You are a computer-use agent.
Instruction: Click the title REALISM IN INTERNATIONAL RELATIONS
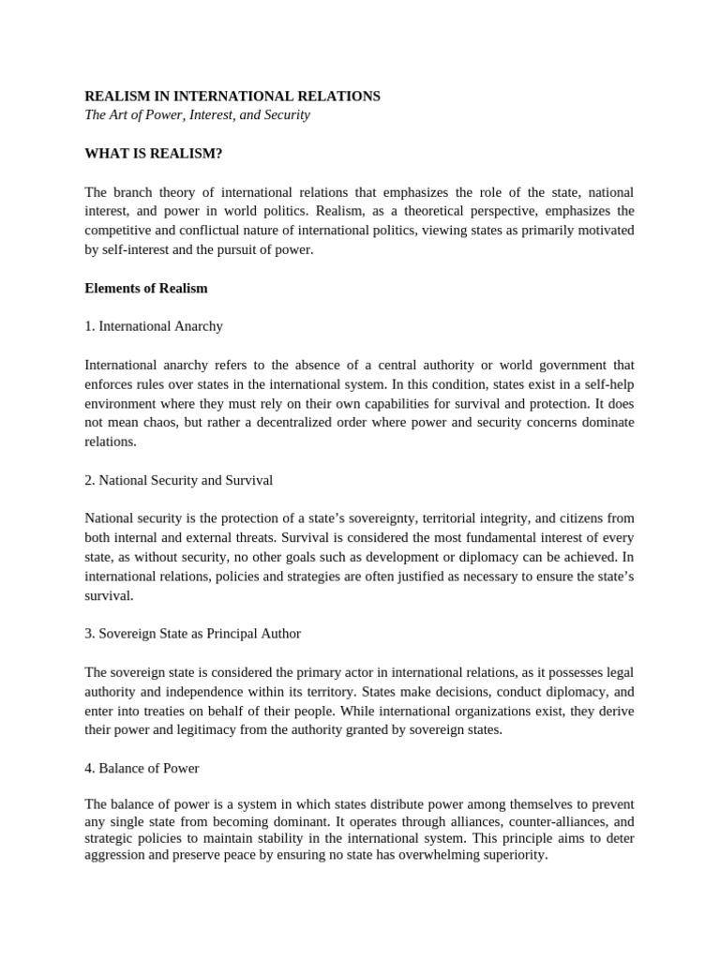(x=232, y=97)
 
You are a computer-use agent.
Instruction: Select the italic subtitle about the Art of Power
(x=197, y=115)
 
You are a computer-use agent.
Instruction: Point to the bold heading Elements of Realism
(x=146, y=289)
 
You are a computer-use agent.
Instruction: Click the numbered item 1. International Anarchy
(x=154, y=326)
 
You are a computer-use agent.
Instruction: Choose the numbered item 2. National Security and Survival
(x=178, y=480)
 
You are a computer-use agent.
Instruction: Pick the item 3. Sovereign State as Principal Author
(x=192, y=634)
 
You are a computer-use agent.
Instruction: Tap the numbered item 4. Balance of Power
(x=142, y=768)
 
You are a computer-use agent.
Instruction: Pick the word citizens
(x=573, y=518)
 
